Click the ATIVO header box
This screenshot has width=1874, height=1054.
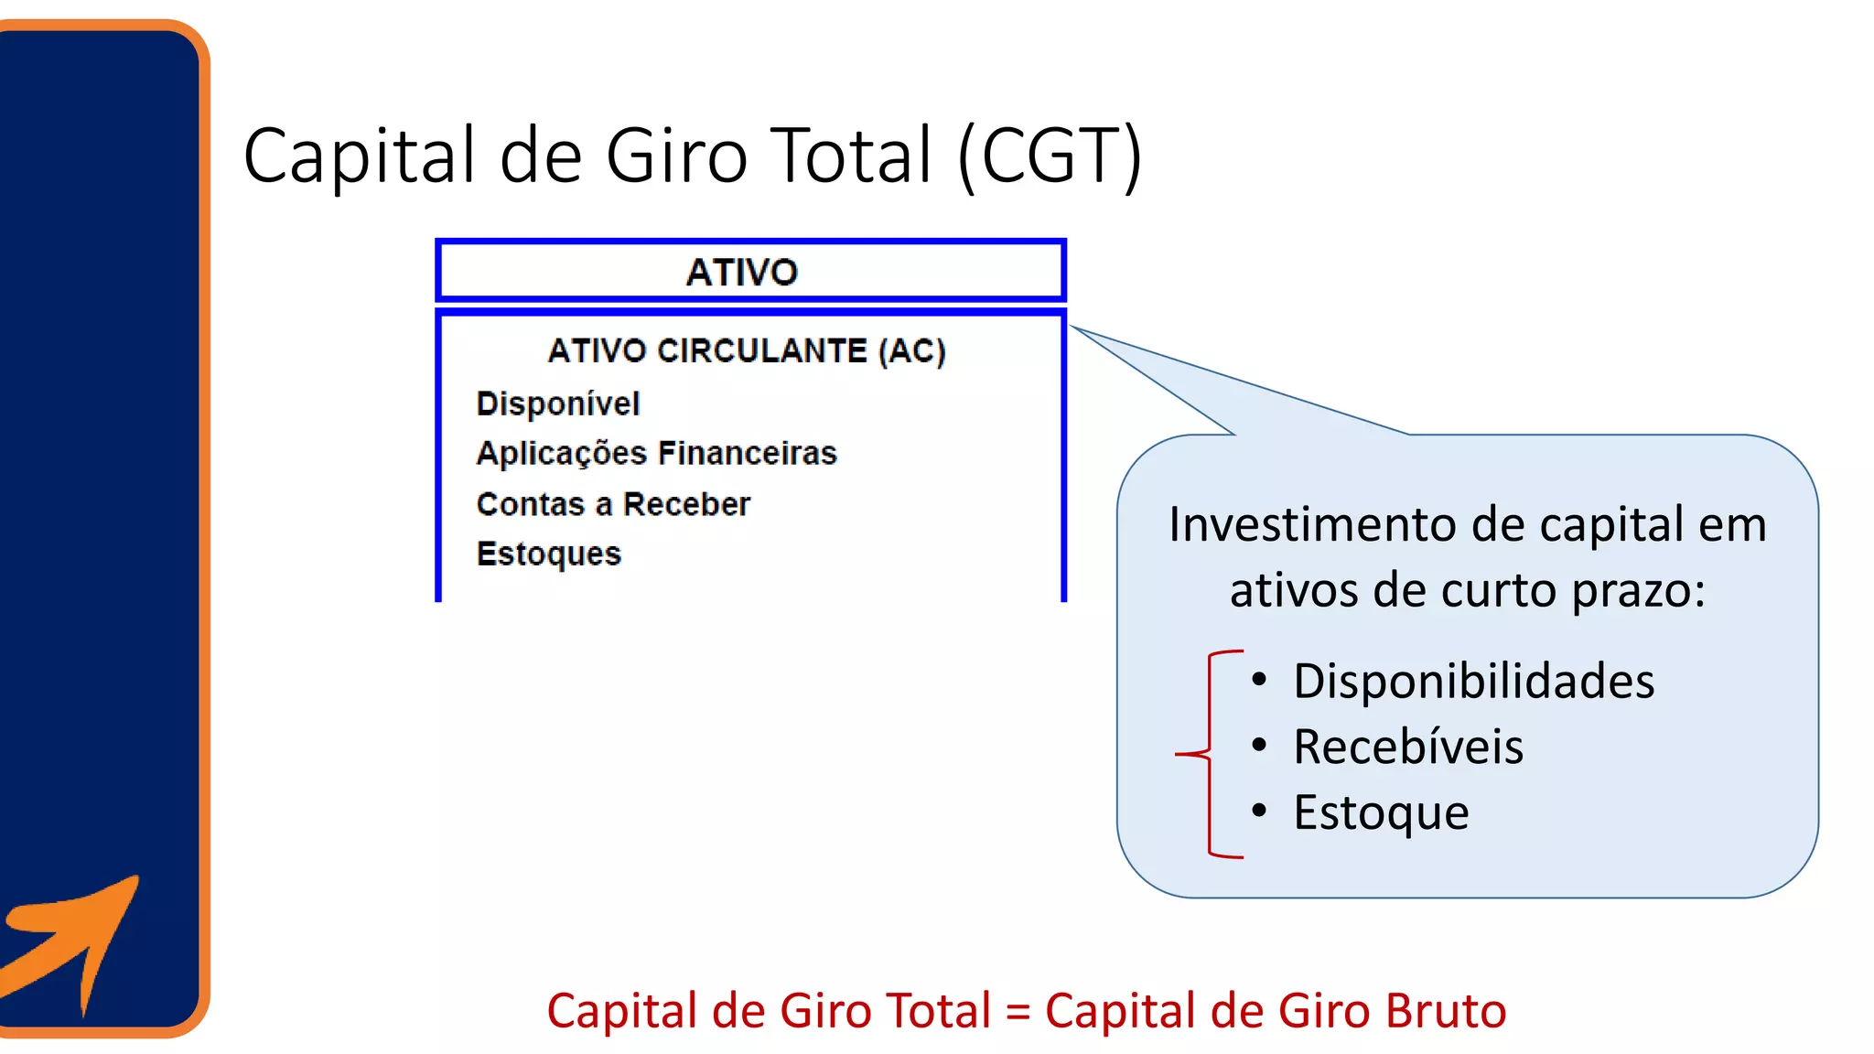[x=750, y=271]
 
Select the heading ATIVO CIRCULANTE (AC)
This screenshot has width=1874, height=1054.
[x=747, y=351]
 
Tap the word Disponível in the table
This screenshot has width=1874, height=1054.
[x=558, y=403]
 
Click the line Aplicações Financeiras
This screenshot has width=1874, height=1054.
[x=656, y=454]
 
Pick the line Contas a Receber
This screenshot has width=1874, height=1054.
[x=613, y=504]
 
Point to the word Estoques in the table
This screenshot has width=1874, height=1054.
[x=549, y=554]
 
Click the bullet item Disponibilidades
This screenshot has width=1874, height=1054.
[x=1473, y=682]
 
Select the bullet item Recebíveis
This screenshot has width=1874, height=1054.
[x=1408, y=747]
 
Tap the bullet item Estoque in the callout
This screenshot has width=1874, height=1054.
[x=1381, y=812]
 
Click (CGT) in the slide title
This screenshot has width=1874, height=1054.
[x=1050, y=156]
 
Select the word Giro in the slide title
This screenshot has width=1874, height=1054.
[x=677, y=156]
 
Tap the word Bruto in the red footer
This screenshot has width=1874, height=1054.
[x=1446, y=1011]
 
